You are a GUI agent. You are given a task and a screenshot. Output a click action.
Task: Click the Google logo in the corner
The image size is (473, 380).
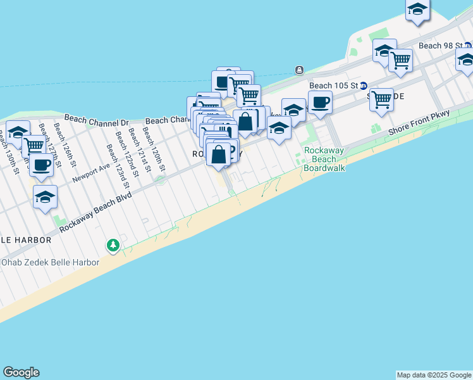[21, 372]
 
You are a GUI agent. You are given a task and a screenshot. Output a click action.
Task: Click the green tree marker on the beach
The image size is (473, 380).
[113, 244]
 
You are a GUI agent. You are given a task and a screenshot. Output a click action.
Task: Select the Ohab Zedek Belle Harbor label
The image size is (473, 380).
[50, 262]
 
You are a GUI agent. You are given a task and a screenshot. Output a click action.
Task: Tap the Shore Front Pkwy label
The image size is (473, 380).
[419, 122]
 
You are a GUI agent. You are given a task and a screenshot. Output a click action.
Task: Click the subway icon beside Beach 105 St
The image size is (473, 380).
[364, 85]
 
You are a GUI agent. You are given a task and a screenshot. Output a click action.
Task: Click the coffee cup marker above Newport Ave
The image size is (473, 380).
[42, 165]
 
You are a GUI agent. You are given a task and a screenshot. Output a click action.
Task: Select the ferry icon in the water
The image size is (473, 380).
[298, 70]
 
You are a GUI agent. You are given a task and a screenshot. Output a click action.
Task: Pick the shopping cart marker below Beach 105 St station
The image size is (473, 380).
[381, 99]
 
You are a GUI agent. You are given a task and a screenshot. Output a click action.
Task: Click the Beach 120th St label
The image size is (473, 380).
[154, 148]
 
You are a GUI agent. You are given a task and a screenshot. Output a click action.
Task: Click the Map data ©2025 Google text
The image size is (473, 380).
[434, 375]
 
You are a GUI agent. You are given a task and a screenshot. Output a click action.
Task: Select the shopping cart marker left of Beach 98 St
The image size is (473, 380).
[400, 61]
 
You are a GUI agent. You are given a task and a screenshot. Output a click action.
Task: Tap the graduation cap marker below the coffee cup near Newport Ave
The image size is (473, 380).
[46, 197]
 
